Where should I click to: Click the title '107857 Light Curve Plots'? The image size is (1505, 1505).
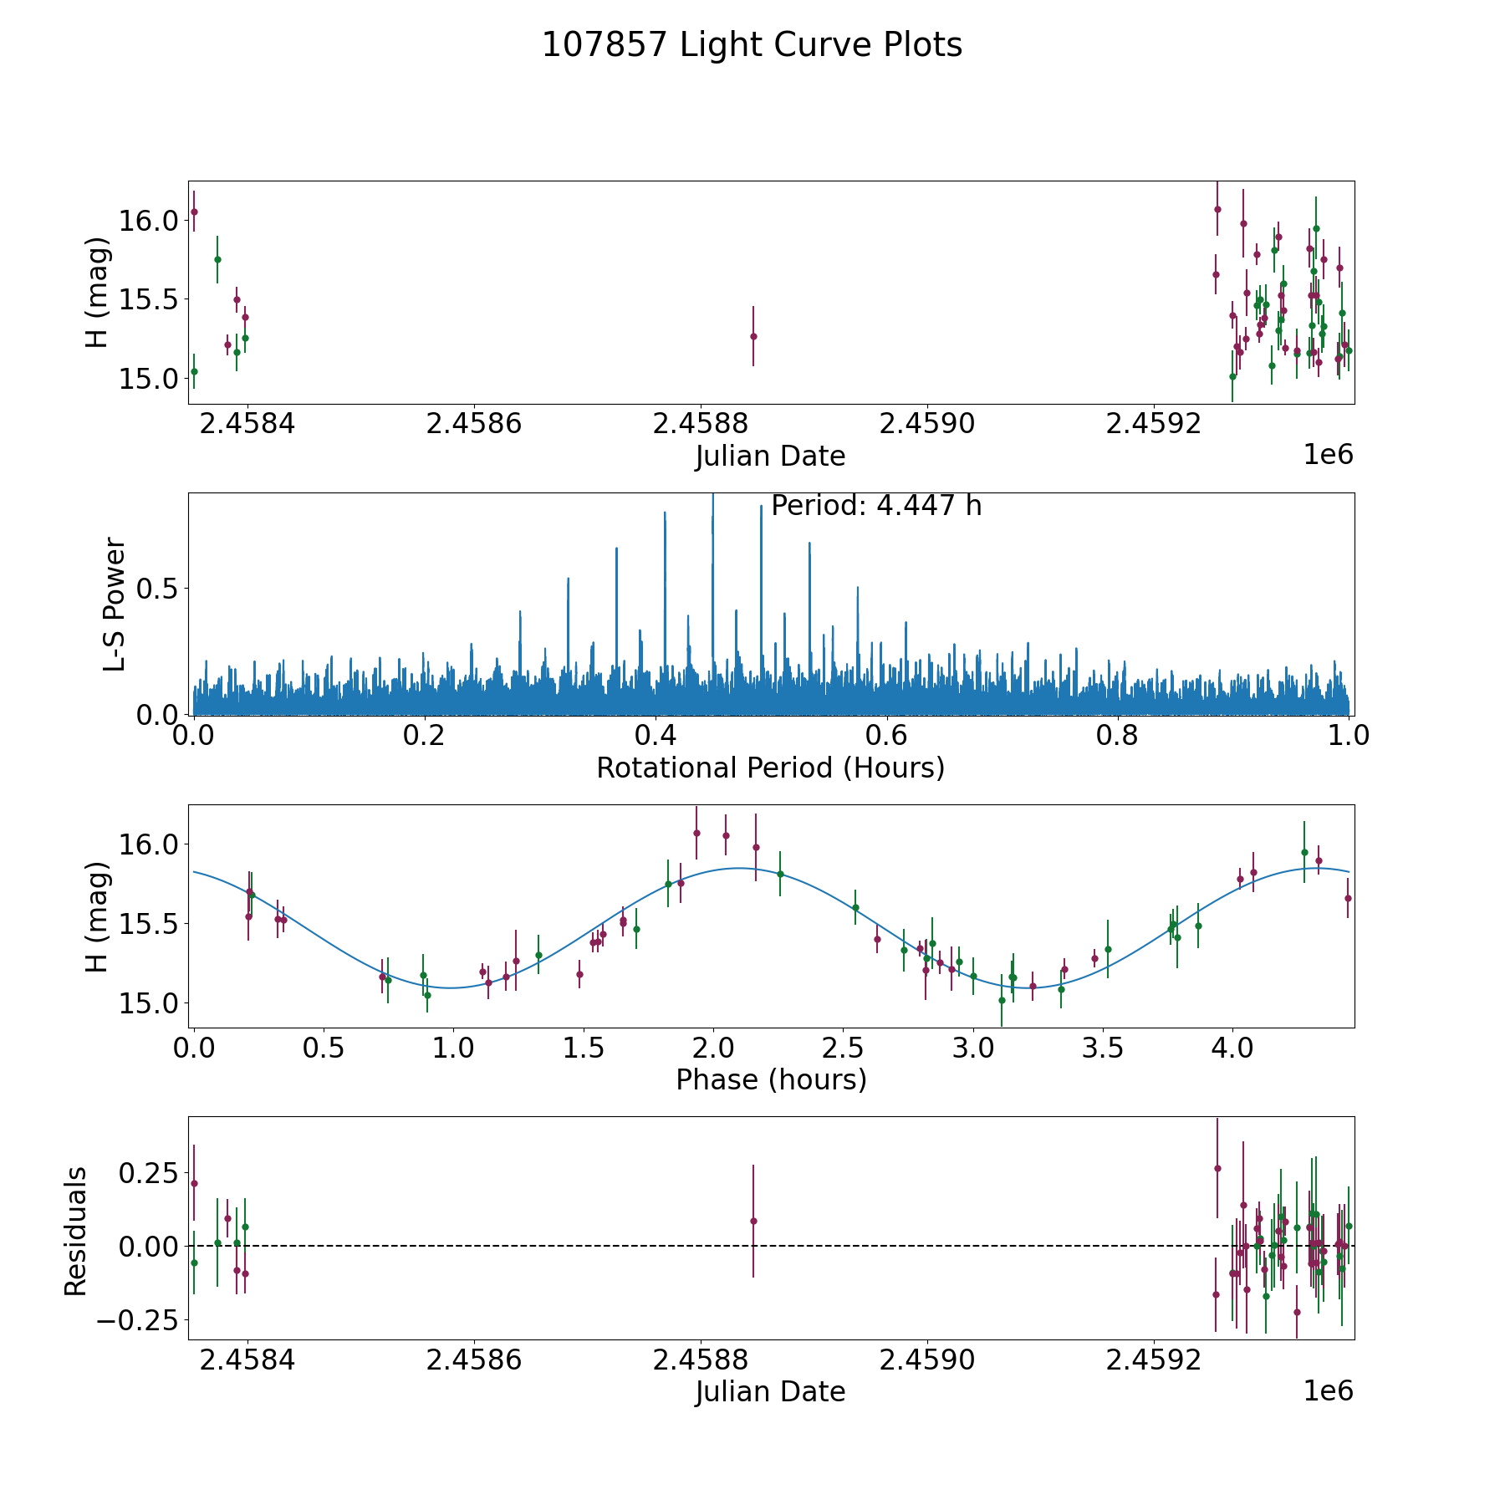(x=752, y=45)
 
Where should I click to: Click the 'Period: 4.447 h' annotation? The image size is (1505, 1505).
(x=875, y=506)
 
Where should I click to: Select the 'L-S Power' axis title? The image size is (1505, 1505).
(x=115, y=604)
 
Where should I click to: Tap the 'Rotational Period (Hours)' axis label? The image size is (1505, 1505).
(x=770, y=768)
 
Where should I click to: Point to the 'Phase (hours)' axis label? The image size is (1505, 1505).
(x=770, y=1079)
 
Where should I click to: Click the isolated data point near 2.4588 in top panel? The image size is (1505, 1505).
(x=753, y=336)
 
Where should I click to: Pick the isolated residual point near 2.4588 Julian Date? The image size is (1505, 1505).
(x=753, y=1221)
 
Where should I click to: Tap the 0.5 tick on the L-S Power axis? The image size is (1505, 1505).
(x=159, y=589)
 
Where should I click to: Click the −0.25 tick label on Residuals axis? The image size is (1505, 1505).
(x=139, y=1320)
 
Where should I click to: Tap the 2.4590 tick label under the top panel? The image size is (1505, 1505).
(x=927, y=424)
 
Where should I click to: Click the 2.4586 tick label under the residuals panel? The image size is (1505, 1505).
(x=473, y=1360)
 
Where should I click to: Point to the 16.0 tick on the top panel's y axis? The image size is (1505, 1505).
(x=149, y=221)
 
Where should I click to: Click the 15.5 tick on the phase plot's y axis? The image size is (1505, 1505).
(x=149, y=924)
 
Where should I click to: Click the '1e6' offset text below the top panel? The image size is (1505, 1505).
(x=1328, y=455)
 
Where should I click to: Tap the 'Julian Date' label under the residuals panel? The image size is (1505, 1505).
(x=770, y=1391)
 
